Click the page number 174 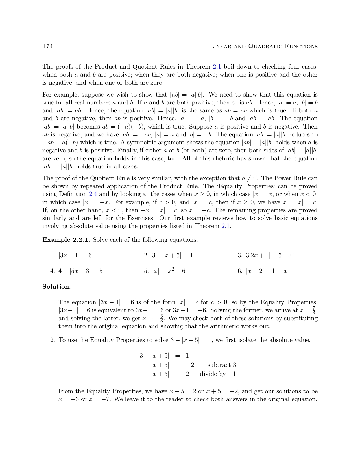(48, 46)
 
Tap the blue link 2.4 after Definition (93, 194)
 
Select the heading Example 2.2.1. (66, 240)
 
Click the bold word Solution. (56, 287)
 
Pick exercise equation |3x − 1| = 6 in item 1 (75, 256)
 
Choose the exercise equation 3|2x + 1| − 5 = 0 (270, 256)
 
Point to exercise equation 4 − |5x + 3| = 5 (80, 271)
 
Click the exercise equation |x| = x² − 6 (169, 271)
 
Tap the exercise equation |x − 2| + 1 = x (267, 271)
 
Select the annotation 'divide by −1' (218, 374)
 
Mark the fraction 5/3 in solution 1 (162, 318)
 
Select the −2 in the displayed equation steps (190, 365)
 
